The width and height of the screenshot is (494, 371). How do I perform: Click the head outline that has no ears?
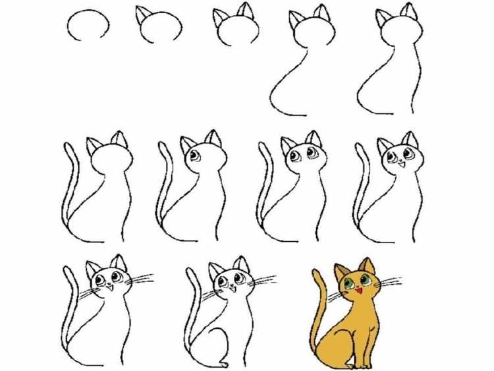88,25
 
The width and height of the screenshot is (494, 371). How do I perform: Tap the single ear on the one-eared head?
142,15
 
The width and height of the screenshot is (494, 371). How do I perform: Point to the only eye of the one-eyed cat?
196,156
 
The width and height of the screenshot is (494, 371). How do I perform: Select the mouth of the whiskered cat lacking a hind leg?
109,288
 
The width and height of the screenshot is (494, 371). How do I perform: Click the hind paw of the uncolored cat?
224,364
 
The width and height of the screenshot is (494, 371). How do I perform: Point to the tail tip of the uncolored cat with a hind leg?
190,271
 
